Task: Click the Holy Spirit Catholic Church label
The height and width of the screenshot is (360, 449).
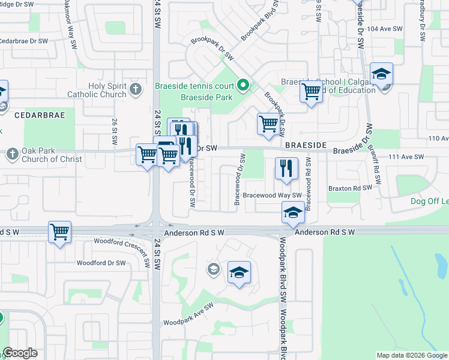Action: [x=107, y=90]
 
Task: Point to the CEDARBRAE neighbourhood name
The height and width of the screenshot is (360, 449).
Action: [x=37, y=113]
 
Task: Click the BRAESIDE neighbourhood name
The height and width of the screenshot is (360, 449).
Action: [x=305, y=146]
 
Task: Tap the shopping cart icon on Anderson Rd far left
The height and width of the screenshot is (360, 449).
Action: [x=59, y=231]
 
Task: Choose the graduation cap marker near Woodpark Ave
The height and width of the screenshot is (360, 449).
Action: [x=239, y=272]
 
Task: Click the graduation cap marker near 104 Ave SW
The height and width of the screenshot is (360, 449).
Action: [x=381, y=74]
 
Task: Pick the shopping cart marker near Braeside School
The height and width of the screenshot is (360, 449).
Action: [x=311, y=92]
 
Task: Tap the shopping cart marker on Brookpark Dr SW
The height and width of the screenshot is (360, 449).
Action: [x=268, y=124]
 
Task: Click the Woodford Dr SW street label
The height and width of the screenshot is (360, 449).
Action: [x=101, y=263]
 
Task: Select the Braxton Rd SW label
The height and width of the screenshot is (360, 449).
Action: [x=350, y=187]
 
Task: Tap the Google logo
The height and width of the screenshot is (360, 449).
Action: [x=20, y=353]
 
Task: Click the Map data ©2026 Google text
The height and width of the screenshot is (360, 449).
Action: [x=411, y=355]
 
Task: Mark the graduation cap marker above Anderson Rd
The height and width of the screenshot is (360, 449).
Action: [x=292, y=212]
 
